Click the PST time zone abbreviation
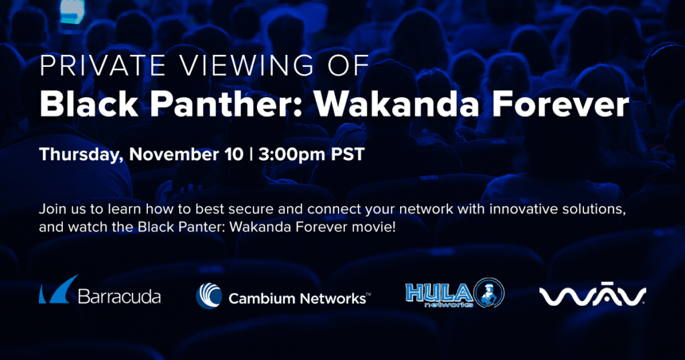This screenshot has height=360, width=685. (x=348, y=154)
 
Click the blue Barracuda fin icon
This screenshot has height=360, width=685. (x=58, y=289)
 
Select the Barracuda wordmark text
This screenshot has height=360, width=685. (x=119, y=296)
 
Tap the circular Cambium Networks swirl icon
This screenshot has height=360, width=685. (x=209, y=296)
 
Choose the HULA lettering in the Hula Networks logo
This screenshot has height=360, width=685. (x=438, y=292)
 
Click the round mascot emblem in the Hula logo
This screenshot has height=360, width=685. (x=489, y=292)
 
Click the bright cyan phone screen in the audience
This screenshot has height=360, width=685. (x=72, y=11)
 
